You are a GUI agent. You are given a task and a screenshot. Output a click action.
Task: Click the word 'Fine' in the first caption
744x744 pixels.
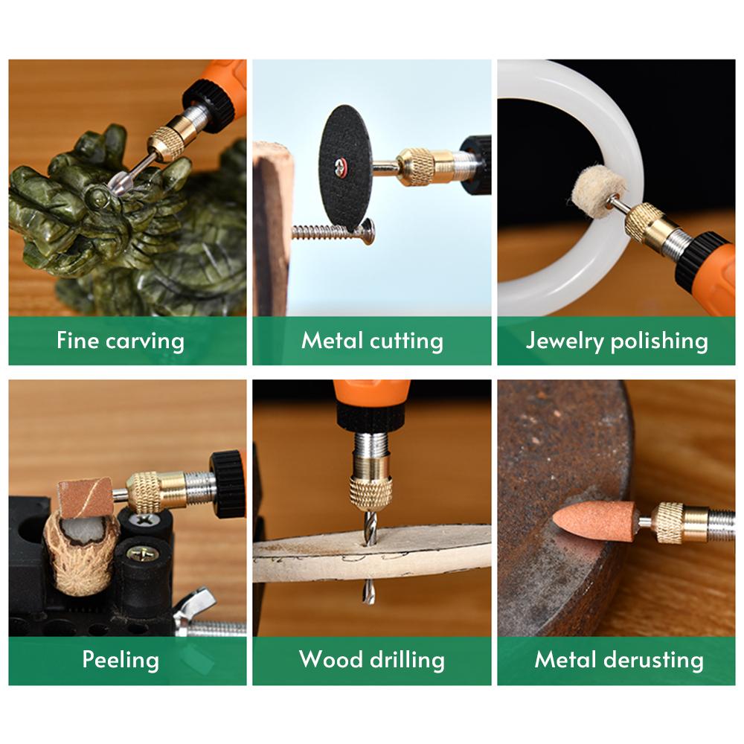point(77,341)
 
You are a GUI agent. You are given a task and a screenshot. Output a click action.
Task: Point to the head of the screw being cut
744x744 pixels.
point(367,232)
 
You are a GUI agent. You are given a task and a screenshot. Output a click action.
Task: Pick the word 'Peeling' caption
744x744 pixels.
point(121,660)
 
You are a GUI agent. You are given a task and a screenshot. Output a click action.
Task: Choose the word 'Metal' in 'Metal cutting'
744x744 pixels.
point(331,341)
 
